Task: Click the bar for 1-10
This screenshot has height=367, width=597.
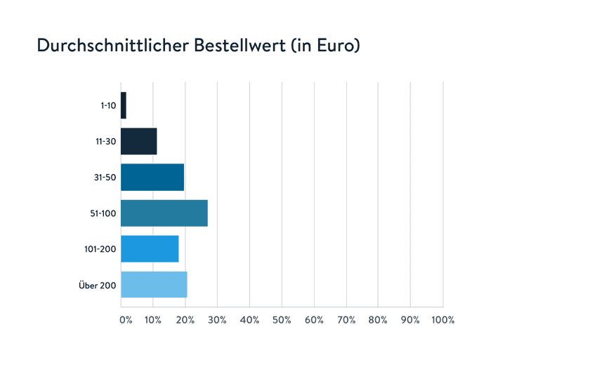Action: pos(124,105)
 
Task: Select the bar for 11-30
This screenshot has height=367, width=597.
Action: pos(138,141)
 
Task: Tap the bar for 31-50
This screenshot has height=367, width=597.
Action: pos(152,177)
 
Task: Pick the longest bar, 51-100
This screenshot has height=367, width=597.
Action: pos(164,213)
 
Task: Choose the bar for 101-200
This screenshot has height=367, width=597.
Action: pos(150,248)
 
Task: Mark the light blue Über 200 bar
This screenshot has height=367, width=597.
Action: pos(154,284)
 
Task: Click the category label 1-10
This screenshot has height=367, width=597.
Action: pos(108,105)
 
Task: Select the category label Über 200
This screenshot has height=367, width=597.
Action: pos(98,285)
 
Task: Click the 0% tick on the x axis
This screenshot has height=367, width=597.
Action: pos(126,320)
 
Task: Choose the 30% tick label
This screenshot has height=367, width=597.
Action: pos(218,320)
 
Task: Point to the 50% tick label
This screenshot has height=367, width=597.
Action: pos(282,320)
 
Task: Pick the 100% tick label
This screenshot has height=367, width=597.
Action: pos(443,320)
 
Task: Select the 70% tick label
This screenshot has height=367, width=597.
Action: pos(346,320)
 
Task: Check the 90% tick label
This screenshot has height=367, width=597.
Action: pos(410,320)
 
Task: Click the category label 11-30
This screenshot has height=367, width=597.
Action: pos(107,141)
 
